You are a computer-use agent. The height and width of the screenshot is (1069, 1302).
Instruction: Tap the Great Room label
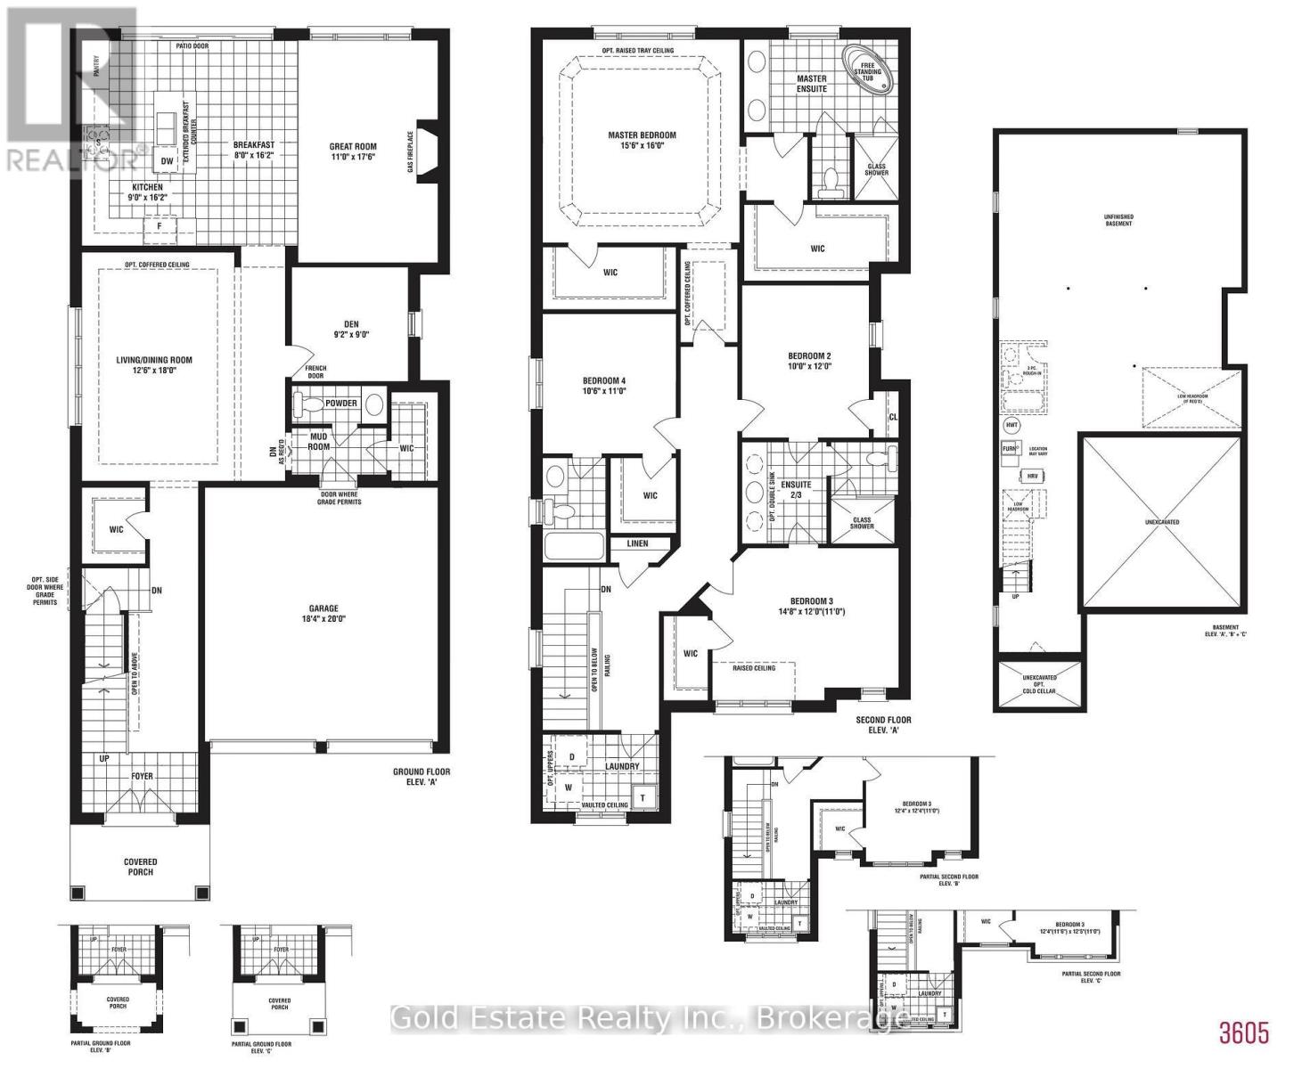[x=354, y=147]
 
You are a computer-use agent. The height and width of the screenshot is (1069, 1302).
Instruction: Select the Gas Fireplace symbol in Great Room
[x=426, y=151]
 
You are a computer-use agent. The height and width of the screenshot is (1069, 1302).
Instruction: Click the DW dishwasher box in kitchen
[x=167, y=161]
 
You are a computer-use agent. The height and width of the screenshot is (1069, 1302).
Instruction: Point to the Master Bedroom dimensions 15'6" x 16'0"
[x=642, y=148]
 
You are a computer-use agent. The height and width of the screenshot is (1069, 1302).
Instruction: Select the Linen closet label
[x=637, y=543]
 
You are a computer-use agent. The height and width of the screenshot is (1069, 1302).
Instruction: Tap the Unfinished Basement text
[x=1118, y=218]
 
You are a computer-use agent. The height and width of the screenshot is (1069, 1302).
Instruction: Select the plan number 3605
[x=1243, y=1033]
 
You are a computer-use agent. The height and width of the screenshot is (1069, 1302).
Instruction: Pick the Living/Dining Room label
[x=154, y=361]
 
